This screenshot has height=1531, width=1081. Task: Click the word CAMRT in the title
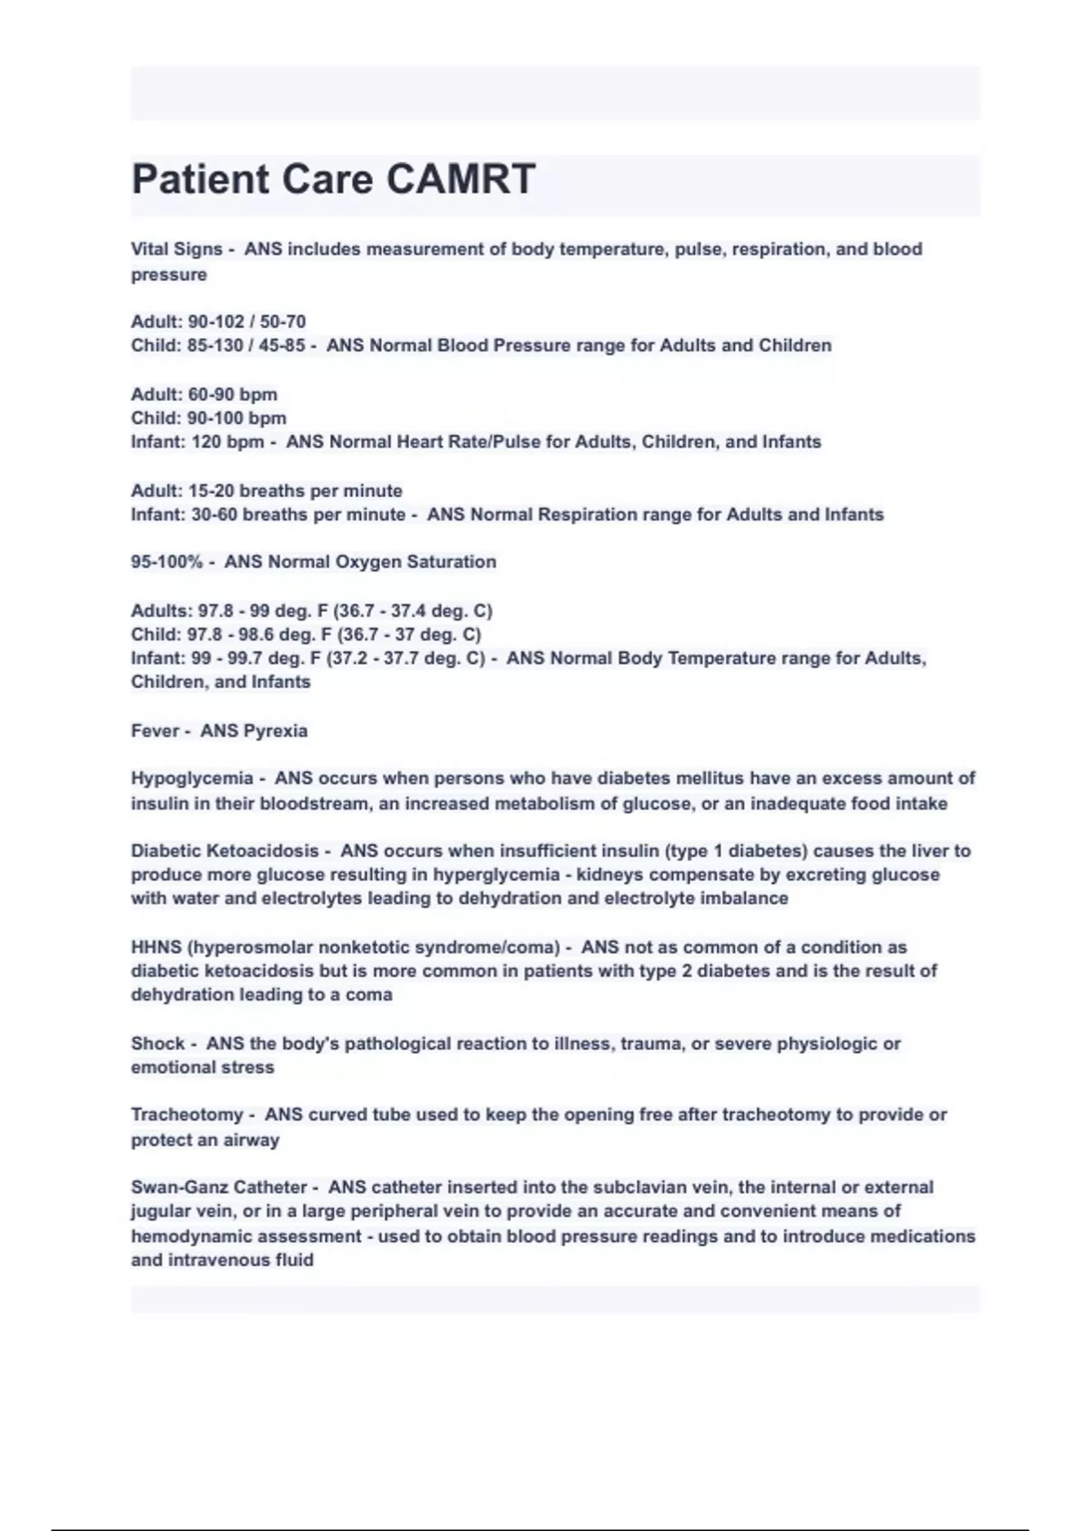[461, 179]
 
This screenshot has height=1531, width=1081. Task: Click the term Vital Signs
[177, 249]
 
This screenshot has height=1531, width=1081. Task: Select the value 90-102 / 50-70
[246, 322]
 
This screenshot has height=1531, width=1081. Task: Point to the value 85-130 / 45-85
[246, 346]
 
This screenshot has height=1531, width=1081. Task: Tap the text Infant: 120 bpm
[197, 442]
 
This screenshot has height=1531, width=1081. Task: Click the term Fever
[155, 731]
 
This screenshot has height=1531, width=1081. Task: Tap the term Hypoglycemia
[192, 778]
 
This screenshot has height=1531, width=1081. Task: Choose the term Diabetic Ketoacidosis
[224, 851]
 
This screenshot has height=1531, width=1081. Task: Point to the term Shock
[158, 1044]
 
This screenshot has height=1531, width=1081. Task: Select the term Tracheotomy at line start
[187, 1115]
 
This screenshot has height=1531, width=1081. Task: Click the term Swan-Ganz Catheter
[219, 1188]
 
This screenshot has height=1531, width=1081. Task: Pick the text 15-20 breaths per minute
[295, 491]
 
